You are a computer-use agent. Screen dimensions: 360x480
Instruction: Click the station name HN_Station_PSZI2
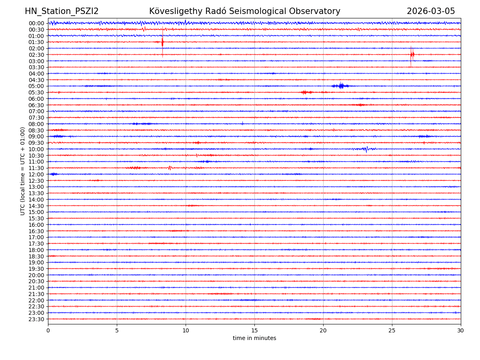pos(62,11)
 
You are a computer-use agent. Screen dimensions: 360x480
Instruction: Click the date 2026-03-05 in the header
pos(431,11)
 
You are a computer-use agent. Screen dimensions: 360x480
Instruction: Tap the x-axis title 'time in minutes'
pos(254,338)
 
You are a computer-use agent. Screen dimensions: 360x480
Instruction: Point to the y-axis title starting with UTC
pos(23,171)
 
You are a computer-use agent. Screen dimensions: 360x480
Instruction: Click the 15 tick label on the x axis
pos(254,330)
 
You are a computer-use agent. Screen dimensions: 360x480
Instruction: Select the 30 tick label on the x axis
pos(460,330)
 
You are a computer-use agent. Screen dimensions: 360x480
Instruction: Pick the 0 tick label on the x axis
pos(48,330)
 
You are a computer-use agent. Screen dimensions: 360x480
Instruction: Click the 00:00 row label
pos(36,23)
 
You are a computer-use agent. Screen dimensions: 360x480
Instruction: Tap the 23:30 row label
pos(36,319)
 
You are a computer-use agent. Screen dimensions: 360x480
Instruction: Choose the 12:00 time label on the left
pos(36,174)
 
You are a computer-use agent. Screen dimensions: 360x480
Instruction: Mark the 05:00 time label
pos(36,86)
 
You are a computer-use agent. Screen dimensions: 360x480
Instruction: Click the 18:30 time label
pos(36,256)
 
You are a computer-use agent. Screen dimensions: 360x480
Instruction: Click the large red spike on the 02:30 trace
pos(412,54)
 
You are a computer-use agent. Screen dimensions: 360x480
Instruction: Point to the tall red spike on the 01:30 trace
pos(162,42)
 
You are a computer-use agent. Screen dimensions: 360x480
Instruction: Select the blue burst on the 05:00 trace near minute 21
pos(340,86)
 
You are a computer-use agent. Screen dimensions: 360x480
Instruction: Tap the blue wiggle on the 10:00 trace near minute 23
pos(366,149)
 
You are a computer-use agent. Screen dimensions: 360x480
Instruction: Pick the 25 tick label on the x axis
pos(392,330)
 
